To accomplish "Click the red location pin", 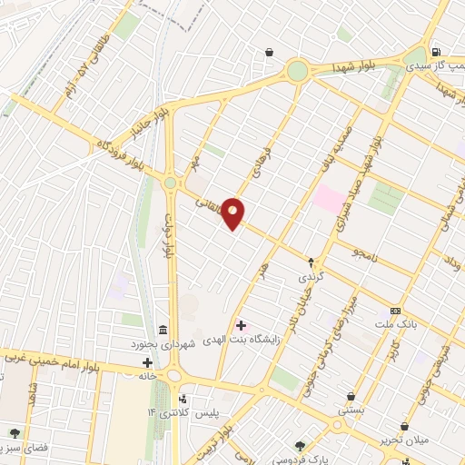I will click(x=233, y=213).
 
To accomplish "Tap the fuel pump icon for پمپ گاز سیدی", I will click(x=437, y=52).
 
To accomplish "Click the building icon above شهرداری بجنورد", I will click(x=163, y=329).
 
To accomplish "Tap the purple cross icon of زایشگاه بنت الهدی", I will click(x=241, y=325).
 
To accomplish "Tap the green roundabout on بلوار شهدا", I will click(x=297, y=71).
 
